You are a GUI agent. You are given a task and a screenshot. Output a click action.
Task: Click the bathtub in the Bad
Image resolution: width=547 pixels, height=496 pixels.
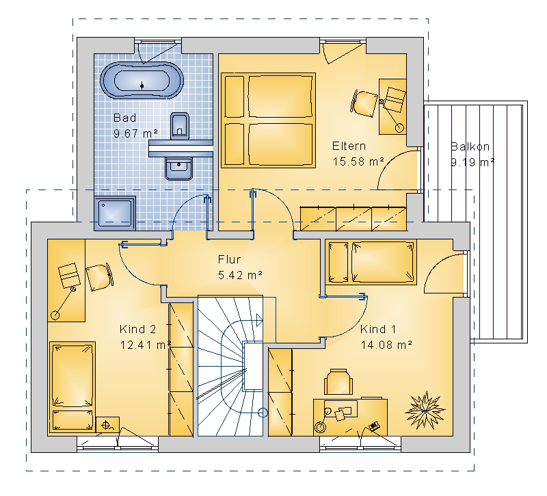pos(142,81)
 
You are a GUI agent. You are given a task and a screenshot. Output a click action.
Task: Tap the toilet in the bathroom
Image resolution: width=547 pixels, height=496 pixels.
pos(180,126)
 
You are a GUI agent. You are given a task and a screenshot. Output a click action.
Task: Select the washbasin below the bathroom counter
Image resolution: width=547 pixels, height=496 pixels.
pos(178,168)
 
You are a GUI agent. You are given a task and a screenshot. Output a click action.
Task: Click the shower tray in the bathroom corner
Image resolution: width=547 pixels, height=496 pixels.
pos(115,213)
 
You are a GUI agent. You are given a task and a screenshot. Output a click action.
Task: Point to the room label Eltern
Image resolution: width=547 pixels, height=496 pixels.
pos(349,146)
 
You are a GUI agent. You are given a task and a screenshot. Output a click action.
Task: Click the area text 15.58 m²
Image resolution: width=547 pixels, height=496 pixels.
pos(358,161)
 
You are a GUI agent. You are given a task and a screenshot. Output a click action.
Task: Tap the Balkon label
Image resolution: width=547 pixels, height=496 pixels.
pos(470,146)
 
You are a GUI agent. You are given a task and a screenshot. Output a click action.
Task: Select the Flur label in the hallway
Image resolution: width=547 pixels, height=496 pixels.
pos(229,259)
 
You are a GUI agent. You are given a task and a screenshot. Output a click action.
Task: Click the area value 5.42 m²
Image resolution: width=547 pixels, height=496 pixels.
pos(240,275)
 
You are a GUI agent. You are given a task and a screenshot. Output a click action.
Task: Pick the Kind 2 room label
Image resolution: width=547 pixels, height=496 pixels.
pos(137,329)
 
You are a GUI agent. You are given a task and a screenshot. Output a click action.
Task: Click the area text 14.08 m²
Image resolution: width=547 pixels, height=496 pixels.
pos(386,345)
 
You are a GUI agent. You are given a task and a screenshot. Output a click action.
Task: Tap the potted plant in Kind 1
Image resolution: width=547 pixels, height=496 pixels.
pos(425,410)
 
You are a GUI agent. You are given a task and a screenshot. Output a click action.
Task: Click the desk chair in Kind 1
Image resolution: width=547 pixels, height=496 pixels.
pos(338,382)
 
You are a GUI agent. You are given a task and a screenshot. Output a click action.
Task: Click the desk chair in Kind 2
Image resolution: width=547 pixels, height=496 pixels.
pos(100,277)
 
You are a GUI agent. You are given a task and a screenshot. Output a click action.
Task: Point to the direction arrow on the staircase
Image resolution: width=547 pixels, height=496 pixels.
pos(260,319)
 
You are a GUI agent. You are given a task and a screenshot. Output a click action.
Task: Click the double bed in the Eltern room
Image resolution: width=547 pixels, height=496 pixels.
pos(268,120)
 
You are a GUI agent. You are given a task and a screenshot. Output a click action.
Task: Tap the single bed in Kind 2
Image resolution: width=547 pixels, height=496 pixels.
pos(72,388)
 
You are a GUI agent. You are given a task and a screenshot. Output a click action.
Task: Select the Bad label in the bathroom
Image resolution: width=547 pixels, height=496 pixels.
pos(124,118)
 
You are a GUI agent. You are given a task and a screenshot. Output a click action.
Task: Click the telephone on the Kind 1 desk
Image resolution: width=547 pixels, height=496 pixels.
pos(374,426)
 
